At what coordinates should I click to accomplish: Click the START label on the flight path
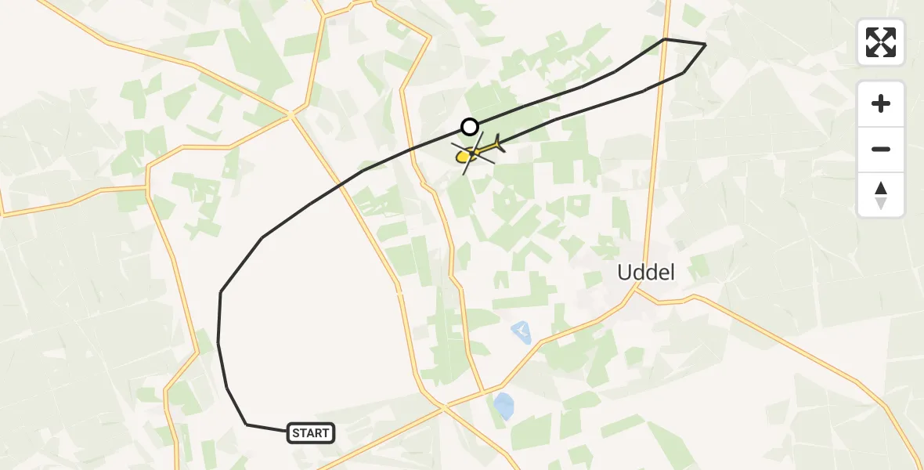[x=311, y=433]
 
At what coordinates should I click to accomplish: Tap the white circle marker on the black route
[x=469, y=127]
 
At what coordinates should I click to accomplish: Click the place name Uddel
[x=646, y=273]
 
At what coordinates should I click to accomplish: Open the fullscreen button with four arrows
[x=881, y=42]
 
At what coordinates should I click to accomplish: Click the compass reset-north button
[x=881, y=195]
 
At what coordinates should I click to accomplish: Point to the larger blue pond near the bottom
[x=504, y=406]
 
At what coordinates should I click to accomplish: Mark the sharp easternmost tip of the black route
[x=706, y=45]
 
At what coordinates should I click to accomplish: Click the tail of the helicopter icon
[x=497, y=143]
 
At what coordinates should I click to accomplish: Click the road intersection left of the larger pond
[x=443, y=407]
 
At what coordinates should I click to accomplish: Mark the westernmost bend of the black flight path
[x=218, y=342]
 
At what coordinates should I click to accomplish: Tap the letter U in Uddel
[x=625, y=273]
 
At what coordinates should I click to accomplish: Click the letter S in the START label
[x=296, y=433]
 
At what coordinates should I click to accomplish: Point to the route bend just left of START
[x=247, y=425]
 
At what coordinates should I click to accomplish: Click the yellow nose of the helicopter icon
[x=462, y=158]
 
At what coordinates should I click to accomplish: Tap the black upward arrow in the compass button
[x=881, y=188]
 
